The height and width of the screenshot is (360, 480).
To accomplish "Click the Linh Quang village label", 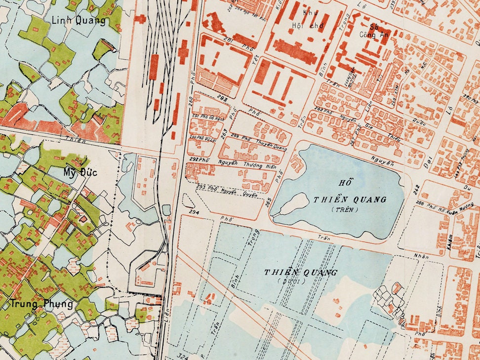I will (79, 20).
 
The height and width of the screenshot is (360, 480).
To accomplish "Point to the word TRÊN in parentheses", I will (346, 209).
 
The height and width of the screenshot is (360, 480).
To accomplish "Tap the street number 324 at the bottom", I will (184, 355).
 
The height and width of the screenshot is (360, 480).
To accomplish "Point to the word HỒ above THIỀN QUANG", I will (341, 182).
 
